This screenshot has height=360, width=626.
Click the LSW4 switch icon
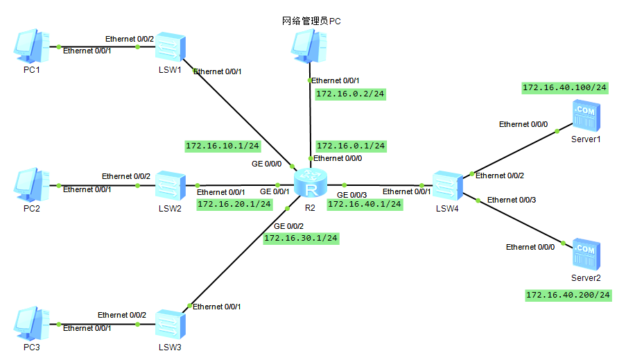[x=447, y=185]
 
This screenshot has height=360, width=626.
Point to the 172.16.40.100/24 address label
[x=564, y=88]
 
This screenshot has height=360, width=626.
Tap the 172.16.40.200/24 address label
[x=568, y=295]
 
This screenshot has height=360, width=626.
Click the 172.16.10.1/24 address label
[x=223, y=146]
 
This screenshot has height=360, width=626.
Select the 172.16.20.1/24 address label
[x=234, y=204]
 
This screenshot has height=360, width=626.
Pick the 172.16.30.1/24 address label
[x=301, y=238]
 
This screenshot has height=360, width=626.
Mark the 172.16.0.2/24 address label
[x=350, y=94]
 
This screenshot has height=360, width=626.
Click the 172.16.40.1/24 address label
[x=365, y=204]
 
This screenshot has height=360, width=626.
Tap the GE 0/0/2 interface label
[x=288, y=226]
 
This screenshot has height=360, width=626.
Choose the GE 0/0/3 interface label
[x=351, y=194]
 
